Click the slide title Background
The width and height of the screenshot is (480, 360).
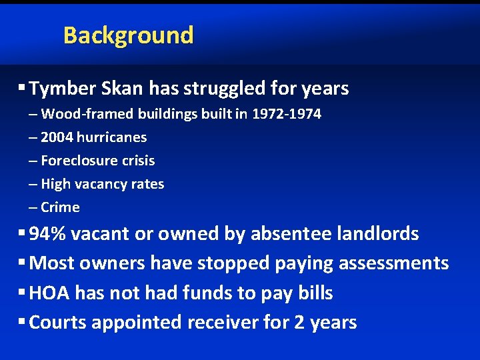128,35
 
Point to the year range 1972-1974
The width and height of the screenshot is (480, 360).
287,114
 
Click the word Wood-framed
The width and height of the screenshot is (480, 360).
87,114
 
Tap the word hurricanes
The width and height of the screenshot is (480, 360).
113,137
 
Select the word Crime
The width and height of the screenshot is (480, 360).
60,207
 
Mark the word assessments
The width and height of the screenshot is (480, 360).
393,263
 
